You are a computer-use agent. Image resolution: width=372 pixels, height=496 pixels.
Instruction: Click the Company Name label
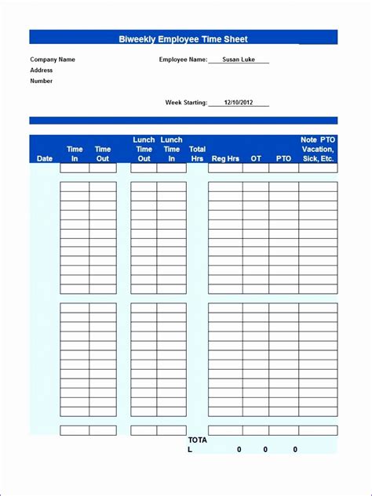click(x=53, y=59)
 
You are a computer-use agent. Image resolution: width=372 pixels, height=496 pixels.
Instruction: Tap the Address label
click(x=42, y=70)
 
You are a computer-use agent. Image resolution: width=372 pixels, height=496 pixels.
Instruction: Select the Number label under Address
click(x=42, y=81)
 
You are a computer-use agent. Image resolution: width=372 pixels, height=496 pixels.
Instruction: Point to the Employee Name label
click(x=183, y=59)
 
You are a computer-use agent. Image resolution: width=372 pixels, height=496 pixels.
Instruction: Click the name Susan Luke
click(x=239, y=59)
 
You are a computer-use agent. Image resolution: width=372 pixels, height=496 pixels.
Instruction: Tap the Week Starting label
click(x=186, y=102)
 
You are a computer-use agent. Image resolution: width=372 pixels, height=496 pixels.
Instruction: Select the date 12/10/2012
click(x=239, y=102)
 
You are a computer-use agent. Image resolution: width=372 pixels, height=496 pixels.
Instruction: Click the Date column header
click(x=45, y=158)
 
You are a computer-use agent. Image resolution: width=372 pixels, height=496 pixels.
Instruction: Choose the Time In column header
click(x=75, y=154)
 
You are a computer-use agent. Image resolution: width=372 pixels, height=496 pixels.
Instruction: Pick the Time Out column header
click(x=103, y=154)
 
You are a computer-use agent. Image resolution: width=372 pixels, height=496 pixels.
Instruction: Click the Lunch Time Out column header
click(x=144, y=149)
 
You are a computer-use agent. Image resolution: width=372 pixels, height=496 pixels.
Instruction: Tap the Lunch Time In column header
click(x=171, y=149)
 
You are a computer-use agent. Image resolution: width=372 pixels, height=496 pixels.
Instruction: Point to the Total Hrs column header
click(x=198, y=154)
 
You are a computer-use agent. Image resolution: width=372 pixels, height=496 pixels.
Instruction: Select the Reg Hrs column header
click(x=225, y=158)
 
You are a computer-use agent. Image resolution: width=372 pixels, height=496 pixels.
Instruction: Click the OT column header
click(x=256, y=158)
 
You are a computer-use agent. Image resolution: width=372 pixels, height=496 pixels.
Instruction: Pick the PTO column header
click(x=283, y=158)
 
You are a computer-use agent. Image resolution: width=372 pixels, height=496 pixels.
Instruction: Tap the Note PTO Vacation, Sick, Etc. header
click(x=318, y=149)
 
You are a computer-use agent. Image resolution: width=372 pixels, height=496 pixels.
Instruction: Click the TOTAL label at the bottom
click(x=197, y=444)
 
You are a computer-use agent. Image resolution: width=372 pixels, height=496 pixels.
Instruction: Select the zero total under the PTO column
click(x=295, y=449)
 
